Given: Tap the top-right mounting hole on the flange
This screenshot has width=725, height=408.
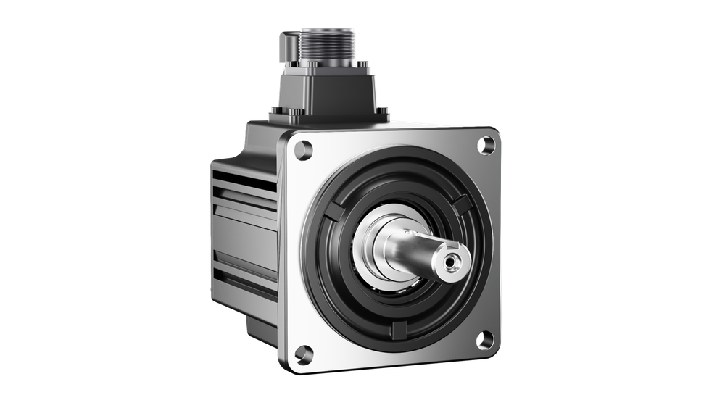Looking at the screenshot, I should tap(484, 145).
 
